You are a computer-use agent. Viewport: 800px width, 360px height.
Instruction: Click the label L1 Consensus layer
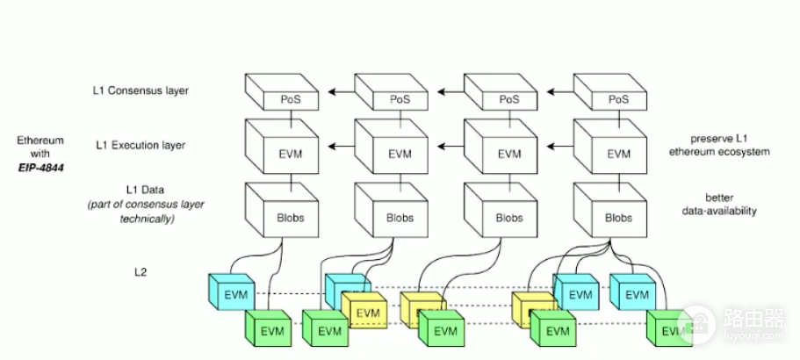click(x=141, y=90)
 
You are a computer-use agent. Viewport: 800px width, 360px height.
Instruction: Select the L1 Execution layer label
click(x=141, y=146)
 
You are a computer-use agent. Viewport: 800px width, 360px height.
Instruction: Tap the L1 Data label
click(x=146, y=191)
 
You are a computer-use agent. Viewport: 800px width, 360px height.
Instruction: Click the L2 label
click(x=141, y=272)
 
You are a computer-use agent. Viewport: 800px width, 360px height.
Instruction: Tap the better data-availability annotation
click(x=719, y=204)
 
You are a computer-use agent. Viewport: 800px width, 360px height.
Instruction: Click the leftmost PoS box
click(x=282, y=92)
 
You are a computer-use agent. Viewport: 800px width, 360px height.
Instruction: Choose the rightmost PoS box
click(x=610, y=92)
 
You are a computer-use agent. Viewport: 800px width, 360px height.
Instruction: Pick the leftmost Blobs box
click(x=282, y=210)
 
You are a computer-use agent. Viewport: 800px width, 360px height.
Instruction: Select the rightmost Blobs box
click(x=610, y=210)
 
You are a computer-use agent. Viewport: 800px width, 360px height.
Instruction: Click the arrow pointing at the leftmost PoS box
click(x=342, y=92)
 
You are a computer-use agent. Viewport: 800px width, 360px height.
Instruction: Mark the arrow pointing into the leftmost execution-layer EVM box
click(x=342, y=147)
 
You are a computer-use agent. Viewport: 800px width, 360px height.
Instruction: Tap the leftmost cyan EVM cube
click(x=232, y=292)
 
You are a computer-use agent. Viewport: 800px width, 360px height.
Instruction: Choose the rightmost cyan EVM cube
click(x=632, y=292)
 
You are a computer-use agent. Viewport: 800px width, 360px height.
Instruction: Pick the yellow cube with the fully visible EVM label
click(x=364, y=311)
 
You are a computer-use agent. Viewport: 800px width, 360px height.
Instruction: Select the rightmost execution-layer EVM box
click(x=610, y=147)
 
